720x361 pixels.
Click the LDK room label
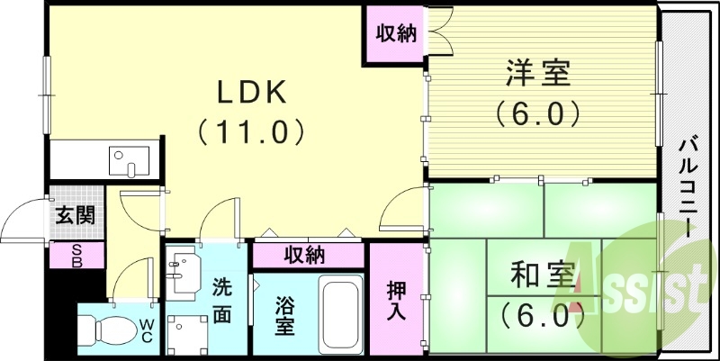tap(250, 93)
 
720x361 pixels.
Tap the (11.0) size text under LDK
tap(250, 131)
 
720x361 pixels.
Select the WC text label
tap(147, 330)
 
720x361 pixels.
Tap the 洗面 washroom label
tap(221, 301)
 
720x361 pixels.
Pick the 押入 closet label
tap(394, 302)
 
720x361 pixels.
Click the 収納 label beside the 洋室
tap(396, 35)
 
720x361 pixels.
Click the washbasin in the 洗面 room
tap(184, 269)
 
